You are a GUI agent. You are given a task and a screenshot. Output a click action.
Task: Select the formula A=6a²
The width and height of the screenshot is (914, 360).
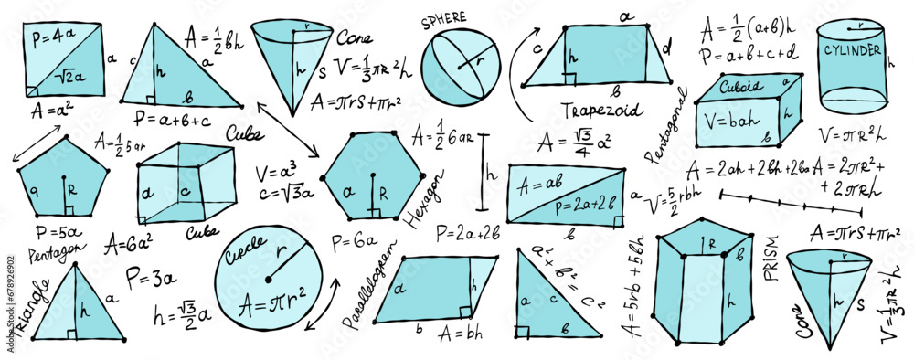pyautogui.click(x=127, y=244)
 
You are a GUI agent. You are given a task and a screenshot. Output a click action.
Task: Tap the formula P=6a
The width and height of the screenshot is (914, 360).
pyautogui.click(x=350, y=241)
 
